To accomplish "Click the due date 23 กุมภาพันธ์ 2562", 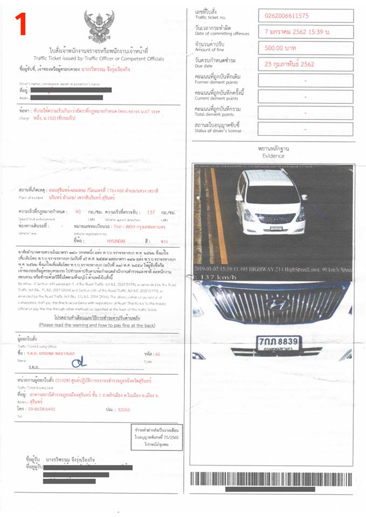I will click(289, 64).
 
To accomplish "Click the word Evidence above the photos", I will click(273, 156).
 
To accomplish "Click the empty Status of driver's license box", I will click(305, 128).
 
